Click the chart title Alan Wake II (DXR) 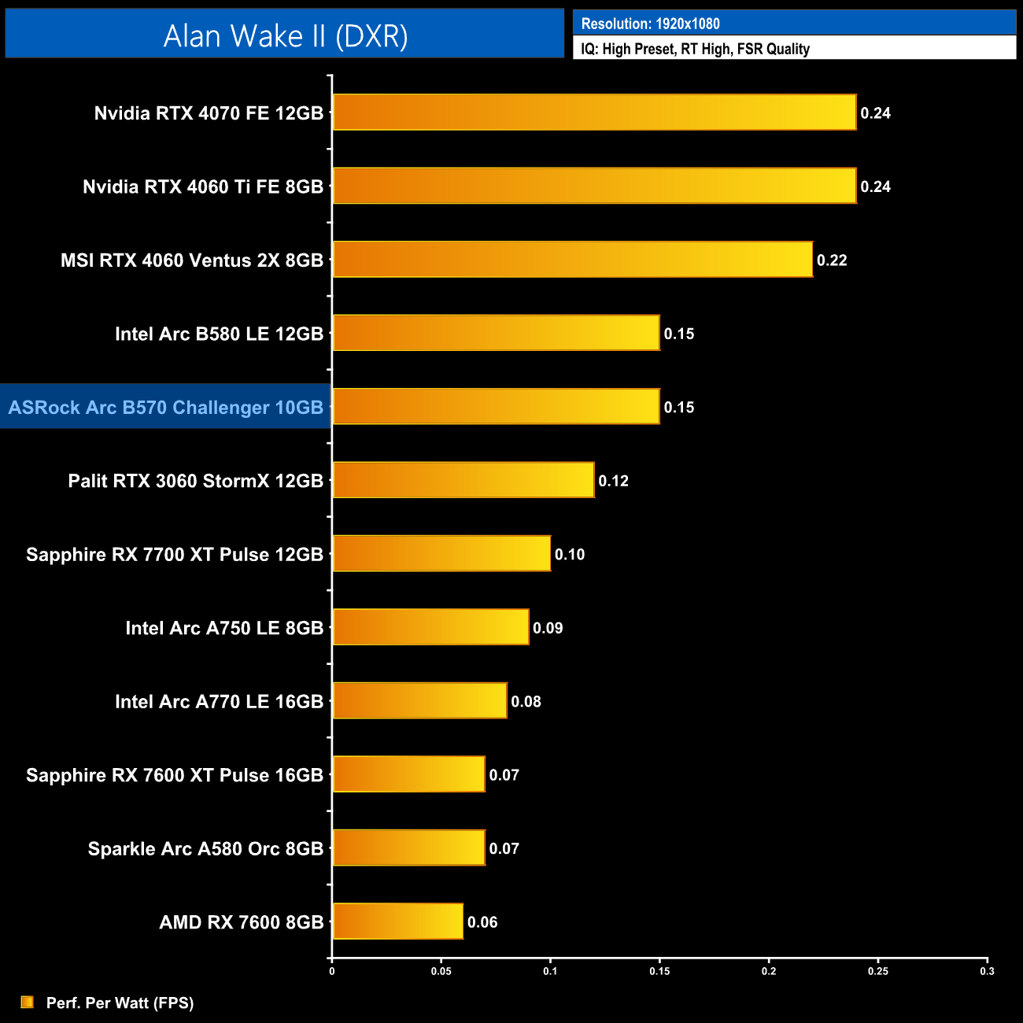(285, 35)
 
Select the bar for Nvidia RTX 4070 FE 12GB (594, 113)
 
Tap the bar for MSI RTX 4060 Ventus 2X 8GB (572, 260)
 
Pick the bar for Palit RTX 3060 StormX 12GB (463, 480)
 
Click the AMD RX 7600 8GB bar (397, 921)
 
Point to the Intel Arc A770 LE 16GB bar (419, 700)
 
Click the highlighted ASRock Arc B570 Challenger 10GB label (165, 407)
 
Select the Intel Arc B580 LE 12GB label (219, 334)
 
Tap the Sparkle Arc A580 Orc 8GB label (205, 848)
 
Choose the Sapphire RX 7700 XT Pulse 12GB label (175, 554)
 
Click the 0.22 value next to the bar (832, 260)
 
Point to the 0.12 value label (613, 481)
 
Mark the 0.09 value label (548, 628)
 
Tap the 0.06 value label (482, 922)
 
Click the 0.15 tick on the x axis (659, 971)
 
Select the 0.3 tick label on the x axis (987, 971)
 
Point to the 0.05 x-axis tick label (441, 971)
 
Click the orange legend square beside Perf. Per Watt (28, 1002)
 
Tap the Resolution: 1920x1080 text (650, 24)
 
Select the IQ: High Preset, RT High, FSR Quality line (695, 49)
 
